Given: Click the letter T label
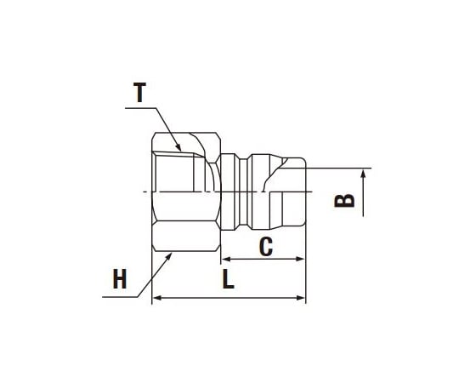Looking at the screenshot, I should point(140,92).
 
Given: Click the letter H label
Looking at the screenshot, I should point(120,279).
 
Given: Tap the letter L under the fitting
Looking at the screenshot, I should point(228,280).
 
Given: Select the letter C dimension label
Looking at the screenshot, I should point(265,247).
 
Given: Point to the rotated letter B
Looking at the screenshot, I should point(343,200).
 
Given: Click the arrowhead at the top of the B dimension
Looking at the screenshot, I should point(364,174).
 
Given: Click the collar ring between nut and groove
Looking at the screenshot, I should point(228,191).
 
